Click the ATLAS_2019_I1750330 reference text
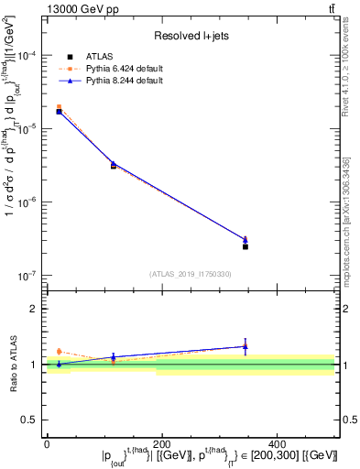(191, 274)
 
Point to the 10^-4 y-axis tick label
(30, 56)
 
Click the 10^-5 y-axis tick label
(30, 129)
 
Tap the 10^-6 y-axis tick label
(30, 202)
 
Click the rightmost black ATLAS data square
(245, 246)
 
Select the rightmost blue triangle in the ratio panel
(245, 346)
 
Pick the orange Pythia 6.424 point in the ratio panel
(60, 351)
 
